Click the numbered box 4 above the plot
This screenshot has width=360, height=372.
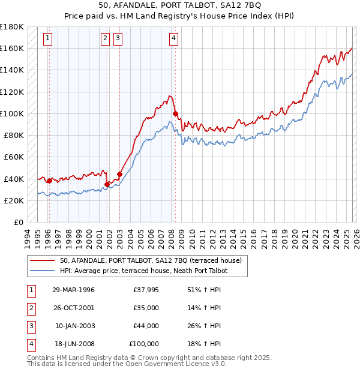pyautogui.click(x=173, y=39)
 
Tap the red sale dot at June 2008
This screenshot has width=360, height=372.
pyautogui.click(x=175, y=113)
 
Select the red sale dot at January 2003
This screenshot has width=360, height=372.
pyautogui.click(x=119, y=174)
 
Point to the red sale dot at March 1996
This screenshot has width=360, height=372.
pyautogui.click(x=49, y=181)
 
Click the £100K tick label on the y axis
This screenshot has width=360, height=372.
pyautogui.click(x=11, y=113)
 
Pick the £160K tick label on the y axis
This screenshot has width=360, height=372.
pyautogui.click(x=11, y=48)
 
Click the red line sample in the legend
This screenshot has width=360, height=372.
pyautogui.click(x=43, y=260)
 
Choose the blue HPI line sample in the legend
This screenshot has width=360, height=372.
pyautogui.click(x=43, y=271)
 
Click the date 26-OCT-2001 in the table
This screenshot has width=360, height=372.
pyautogui.click(x=73, y=308)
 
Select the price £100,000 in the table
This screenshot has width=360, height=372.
pyautogui.click(x=144, y=344)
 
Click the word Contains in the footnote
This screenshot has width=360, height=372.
pyautogui.click(x=41, y=358)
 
